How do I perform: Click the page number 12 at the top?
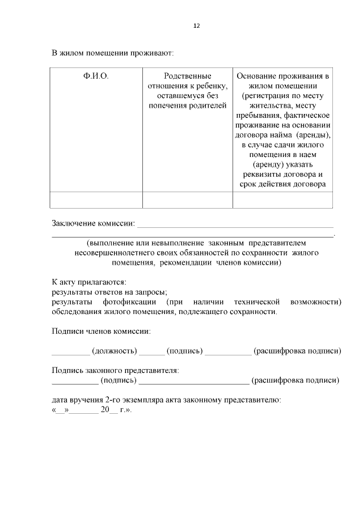[197, 26]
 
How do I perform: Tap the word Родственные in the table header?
[187, 75]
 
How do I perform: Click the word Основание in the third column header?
[255, 75]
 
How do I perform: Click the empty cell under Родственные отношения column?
[187, 200]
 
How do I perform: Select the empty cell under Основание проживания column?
[282, 200]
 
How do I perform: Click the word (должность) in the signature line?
[114, 351]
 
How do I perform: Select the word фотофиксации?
[128, 302]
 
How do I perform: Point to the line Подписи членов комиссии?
[101, 331]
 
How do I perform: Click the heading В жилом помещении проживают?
[112, 53]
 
